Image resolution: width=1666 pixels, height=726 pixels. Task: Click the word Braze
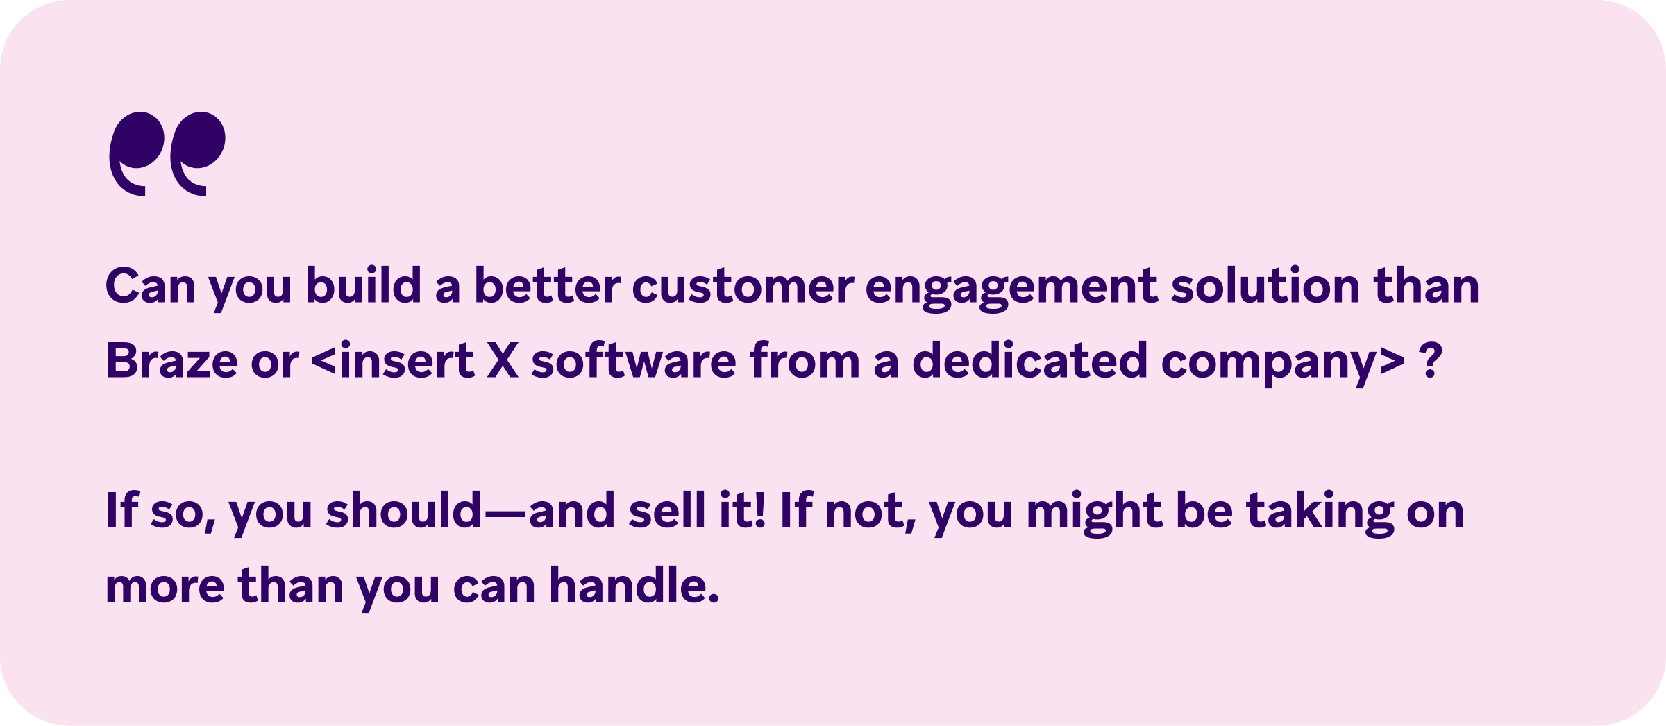coord(171,361)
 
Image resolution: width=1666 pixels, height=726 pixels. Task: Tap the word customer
coord(743,286)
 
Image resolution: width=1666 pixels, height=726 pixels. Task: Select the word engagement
coord(1011,289)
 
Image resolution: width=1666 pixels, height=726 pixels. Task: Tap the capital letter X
coord(503,360)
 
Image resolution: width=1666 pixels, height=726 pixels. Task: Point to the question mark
coord(1431,360)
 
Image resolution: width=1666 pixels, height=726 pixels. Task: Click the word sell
coord(667,509)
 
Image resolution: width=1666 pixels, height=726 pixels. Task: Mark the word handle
coord(634,584)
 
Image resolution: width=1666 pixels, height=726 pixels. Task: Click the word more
coord(165,587)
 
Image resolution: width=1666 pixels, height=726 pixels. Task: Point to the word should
coord(403,509)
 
